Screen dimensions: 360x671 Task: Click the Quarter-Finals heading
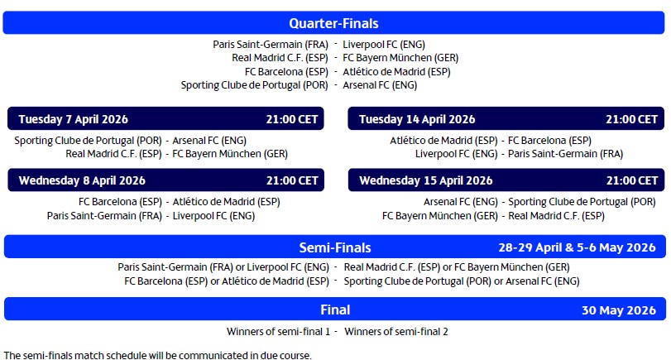pyautogui.click(x=334, y=23)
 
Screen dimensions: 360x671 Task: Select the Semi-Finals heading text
pyautogui.click(x=334, y=247)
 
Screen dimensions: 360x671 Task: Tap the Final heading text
pyautogui.click(x=335, y=310)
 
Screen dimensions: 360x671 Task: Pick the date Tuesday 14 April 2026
pyautogui.click(x=417, y=119)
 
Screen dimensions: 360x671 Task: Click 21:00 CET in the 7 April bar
pyautogui.click(x=291, y=119)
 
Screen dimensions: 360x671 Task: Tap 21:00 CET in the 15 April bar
pyautogui.click(x=632, y=180)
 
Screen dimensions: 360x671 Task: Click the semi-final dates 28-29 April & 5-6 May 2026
pyautogui.click(x=577, y=247)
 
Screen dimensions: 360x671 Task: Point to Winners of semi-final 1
pyautogui.click(x=278, y=332)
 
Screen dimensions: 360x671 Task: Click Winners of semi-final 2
pyautogui.click(x=396, y=332)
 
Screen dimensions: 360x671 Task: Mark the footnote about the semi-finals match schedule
pyautogui.click(x=157, y=355)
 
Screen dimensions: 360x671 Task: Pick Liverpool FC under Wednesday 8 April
pyautogui.click(x=213, y=216)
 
